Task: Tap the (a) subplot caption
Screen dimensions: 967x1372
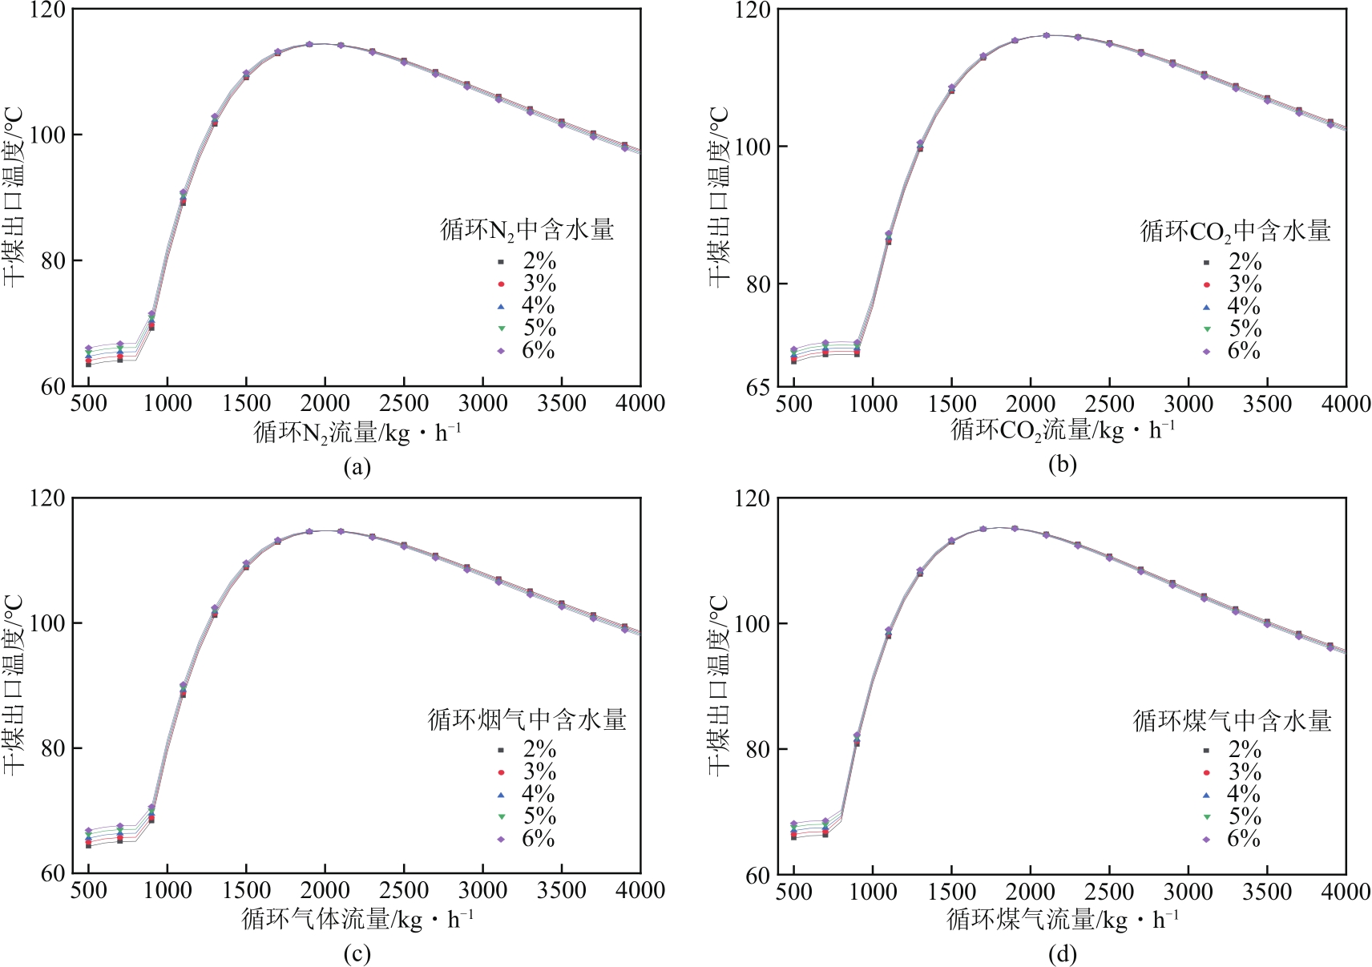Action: click(357, 467)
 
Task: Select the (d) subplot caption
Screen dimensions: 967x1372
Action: click(1062, 954)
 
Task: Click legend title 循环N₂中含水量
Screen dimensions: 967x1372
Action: click(527, 231)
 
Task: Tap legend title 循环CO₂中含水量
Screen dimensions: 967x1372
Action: click(1235, 232)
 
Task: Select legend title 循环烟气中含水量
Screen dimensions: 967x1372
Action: click(527, 719)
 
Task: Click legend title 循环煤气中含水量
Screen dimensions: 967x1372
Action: click(1232, 721)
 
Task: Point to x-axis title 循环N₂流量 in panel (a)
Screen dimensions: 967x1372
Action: click(357, 433)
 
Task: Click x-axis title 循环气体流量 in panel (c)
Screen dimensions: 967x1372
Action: click(357, 919)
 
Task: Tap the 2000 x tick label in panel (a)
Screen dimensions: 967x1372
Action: click(325, 403)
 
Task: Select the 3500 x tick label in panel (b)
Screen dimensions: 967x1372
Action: click(1267, 404)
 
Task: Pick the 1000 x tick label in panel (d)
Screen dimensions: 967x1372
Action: click(873, 892)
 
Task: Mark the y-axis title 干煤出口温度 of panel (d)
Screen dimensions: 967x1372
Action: click(719, 685)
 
